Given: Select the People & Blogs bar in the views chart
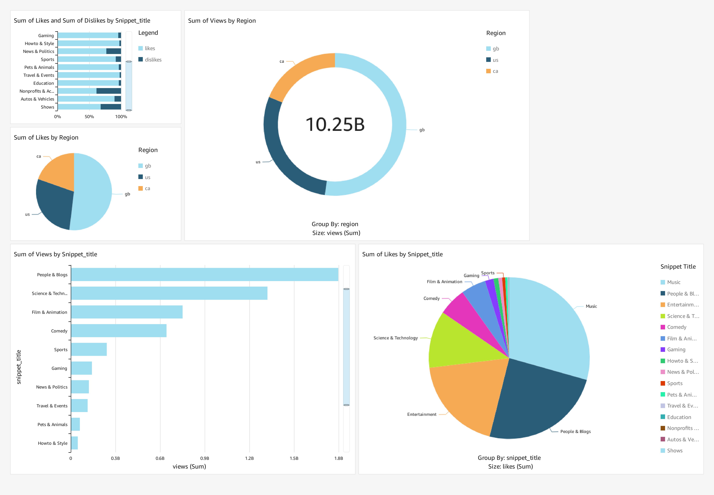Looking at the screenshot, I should tap(204, 274).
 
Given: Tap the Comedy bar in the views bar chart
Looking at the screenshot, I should tap(119, 331).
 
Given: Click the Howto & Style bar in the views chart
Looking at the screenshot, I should tap(74, 443).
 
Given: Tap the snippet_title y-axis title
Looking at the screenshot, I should tap(19, 367).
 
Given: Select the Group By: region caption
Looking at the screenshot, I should tap(335, 224).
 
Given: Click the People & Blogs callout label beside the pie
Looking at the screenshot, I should tap(575, 431).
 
